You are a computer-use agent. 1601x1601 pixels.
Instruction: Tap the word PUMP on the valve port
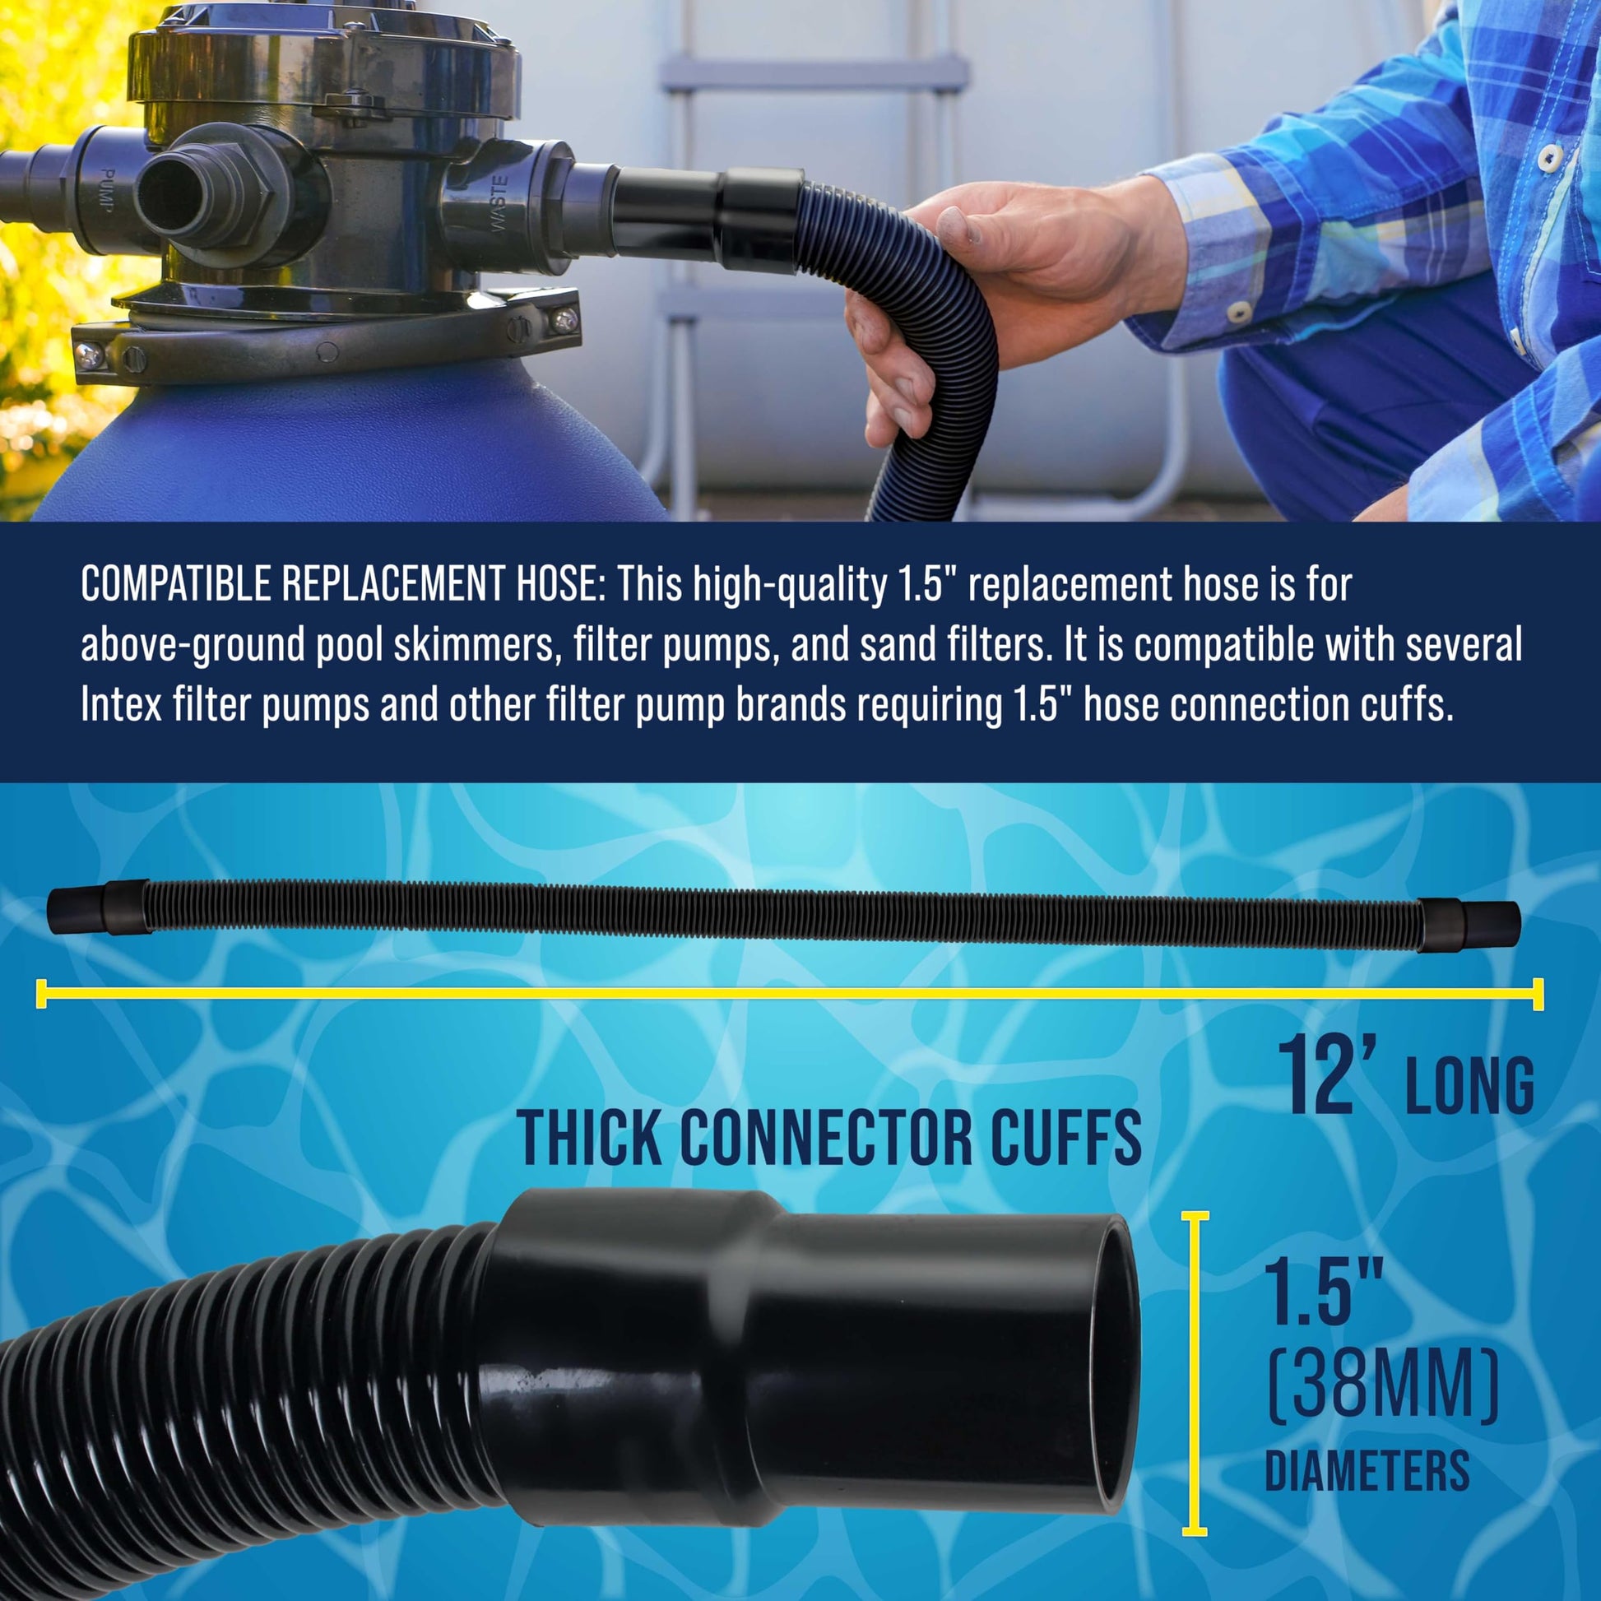106,190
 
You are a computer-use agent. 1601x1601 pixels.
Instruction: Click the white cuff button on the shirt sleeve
1240,311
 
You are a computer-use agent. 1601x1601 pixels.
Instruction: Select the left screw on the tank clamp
89,355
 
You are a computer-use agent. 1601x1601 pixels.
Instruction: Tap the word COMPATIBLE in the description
177,584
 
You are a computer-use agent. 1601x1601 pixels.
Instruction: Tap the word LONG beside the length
1470,1085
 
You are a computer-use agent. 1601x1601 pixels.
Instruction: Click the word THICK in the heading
589,1139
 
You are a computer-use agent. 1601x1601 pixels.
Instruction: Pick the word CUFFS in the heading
1065,1139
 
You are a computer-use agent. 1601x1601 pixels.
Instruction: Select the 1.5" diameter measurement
1324,1289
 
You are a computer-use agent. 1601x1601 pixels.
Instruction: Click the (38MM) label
1383,1385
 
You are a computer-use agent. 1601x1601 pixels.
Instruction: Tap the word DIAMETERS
1367,1471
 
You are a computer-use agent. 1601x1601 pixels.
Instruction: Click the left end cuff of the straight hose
98,907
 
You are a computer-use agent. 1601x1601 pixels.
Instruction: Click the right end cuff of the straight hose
1468,924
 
